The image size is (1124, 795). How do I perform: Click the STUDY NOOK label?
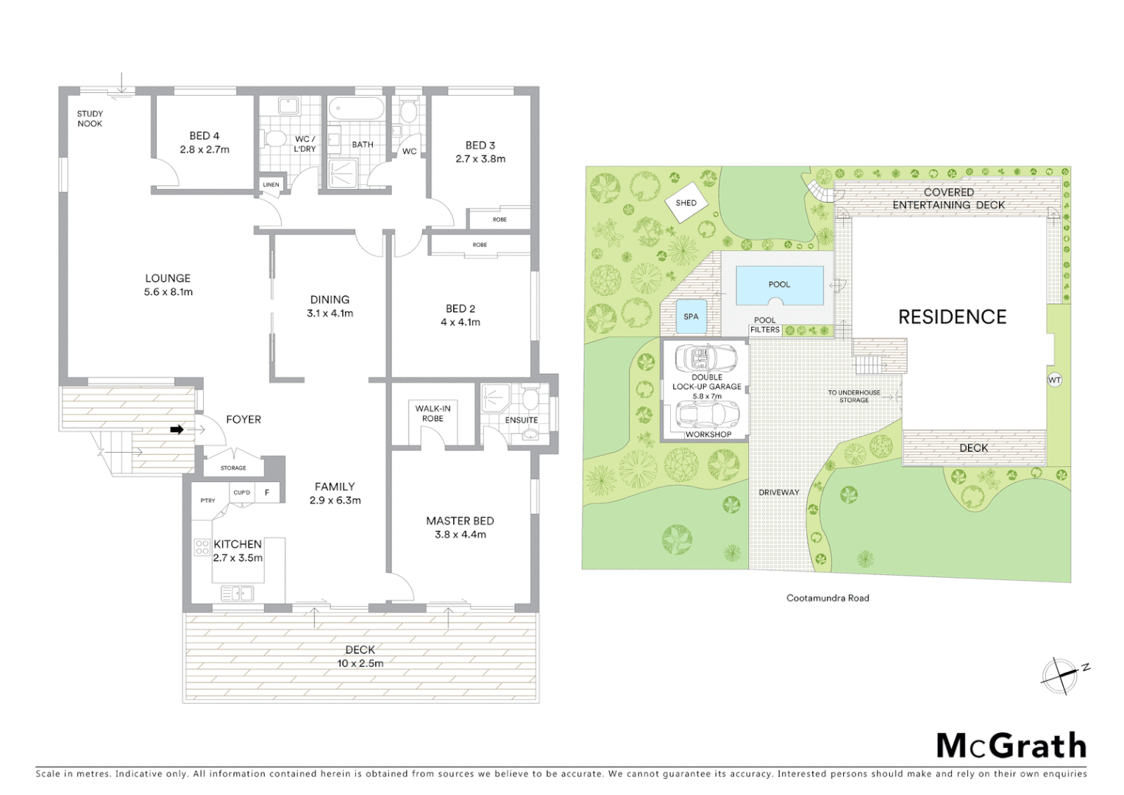(x=90, y=119)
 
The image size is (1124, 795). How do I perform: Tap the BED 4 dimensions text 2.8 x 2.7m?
(x=204, y=149)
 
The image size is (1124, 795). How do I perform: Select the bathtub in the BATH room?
(x=356, y=110)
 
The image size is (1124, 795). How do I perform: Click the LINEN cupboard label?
(x=271, y=184)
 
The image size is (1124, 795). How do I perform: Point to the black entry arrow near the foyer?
(x=177, y=429)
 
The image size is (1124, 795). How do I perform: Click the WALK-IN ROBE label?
(x=433, y=414)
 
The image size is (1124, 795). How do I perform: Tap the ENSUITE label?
(x=521, y=420)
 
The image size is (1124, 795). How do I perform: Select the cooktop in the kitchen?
(x=202, y=547)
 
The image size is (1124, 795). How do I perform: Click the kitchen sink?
(x=237, y=593)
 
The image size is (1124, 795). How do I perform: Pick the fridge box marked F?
(x=267, y=492)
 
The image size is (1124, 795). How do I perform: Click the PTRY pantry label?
(x=208, y=501)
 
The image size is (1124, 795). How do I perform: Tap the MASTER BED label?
(x=460, y=520)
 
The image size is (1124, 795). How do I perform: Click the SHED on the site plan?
(x=686, y=203)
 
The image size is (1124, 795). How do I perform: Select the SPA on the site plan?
(x=691, y=317)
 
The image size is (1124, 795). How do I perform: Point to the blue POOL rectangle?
(x=779, y=285)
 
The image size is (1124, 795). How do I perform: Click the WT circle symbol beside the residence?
(x=1054, y=380)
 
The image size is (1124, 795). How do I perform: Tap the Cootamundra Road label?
(x=828, y=598)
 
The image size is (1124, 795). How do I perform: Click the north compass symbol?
(x=1061, y=675)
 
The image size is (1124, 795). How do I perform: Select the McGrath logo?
(x=1011, y=746)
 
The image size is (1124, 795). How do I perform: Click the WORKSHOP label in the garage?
(x=708, y=434)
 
